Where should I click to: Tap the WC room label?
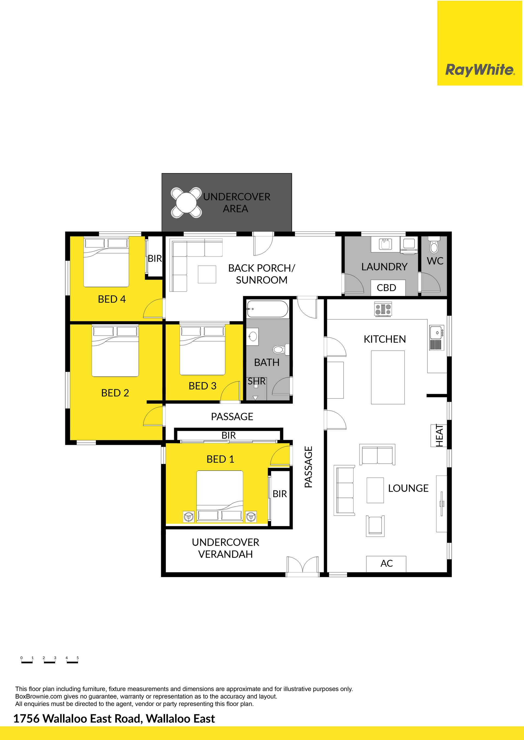pyautogui.click(x=435, y=261)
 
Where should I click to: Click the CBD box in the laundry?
pyautogui.click(x=386, y=288)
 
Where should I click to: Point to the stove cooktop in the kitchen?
pyautogui.click(x=383, y=309)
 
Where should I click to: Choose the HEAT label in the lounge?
pyautogui.click(x=439, y=436)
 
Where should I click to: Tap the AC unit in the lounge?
pyautogui.click(x=386, y=563)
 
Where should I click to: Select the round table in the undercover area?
pyautogui.click(x=186, y=203)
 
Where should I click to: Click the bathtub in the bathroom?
pyautogui.click(x=267, y=309)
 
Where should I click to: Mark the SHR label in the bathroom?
pyautogui.click(x=257, y=381)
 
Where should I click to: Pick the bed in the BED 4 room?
pyautogui.click(x=106, y=262)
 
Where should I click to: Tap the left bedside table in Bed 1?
pyautogui.click(x=188, y=517)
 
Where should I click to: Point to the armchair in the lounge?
pyautogui.click(x=375, y=526)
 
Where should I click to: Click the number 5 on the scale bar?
pyautogui.click(x=78, y=658)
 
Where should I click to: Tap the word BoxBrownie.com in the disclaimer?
pyautogui.click(x=38, y=696)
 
